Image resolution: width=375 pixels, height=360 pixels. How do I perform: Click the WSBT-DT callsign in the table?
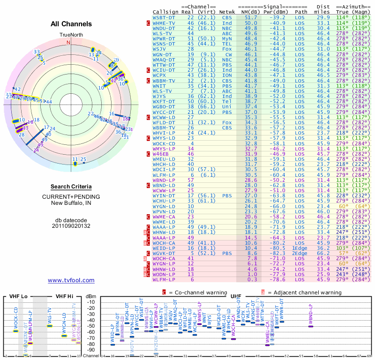[164, 17]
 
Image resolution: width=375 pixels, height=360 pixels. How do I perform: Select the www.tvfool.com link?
[71, 280]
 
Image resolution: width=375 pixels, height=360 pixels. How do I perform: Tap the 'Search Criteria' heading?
[71, 187]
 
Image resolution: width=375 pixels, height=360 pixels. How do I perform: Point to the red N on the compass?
[68, 42]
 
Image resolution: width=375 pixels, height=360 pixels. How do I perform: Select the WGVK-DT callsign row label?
[165, 254]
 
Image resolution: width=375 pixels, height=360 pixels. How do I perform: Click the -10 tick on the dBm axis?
[91, 301]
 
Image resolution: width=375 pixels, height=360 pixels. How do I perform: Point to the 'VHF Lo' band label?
[18, 297]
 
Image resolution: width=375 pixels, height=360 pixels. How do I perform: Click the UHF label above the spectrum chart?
[236, 297]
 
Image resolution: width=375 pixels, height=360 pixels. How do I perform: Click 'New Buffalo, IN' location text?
[71, 202]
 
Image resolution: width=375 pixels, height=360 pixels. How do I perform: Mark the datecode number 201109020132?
[71, 225]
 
